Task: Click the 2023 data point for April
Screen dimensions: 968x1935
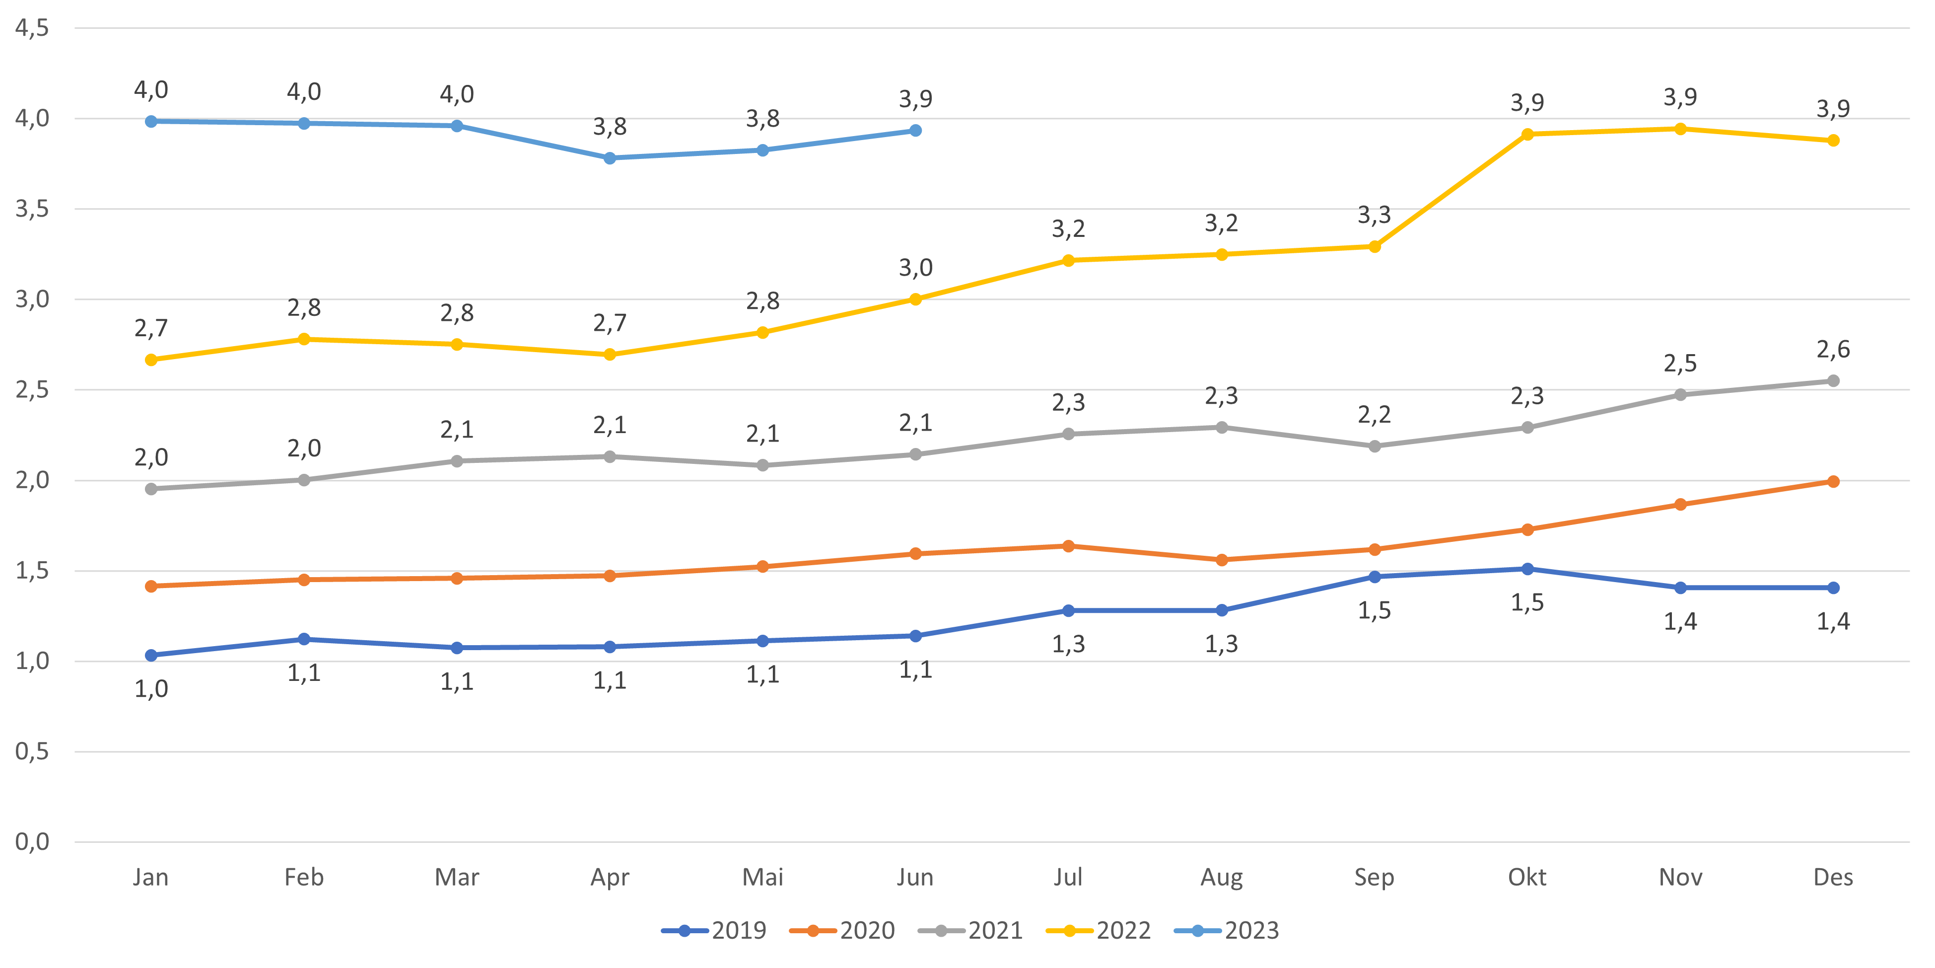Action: [610, 158]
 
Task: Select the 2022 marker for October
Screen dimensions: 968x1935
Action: [1527, 134]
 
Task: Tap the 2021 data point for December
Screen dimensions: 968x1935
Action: [1833, 381]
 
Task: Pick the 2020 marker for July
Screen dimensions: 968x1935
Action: [1068, 546]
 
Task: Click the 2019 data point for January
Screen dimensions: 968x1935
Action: [151, 656]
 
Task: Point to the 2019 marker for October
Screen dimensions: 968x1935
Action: [1527, 569]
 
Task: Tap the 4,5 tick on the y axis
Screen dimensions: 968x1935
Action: [32, 28]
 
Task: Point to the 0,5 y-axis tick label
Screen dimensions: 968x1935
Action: [32, 751]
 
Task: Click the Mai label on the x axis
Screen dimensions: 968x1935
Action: [762, 877]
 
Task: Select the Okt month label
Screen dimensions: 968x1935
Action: [1527, 877]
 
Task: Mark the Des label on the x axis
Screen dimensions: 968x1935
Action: [1833, 877]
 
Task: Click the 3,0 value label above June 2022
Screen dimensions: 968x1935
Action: [916, 268]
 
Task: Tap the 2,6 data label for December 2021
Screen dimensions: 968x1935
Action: [1833, 350]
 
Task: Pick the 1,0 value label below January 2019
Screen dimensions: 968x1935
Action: [151, 688]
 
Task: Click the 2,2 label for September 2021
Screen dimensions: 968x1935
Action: [1374, 414]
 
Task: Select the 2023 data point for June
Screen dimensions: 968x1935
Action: [916, 131]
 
